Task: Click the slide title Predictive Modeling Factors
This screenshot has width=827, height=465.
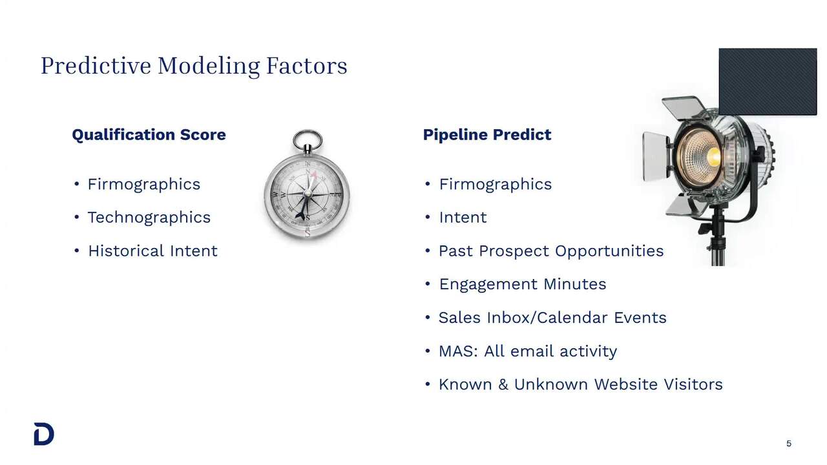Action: point(194,65)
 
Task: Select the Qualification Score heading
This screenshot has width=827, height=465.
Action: point(149,135)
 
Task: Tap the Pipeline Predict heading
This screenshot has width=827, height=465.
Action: point(487,135)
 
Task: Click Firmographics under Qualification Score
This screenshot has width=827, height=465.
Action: point(143,184)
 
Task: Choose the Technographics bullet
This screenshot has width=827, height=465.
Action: point(149,218)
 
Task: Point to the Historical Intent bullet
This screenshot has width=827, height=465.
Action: point(152,251)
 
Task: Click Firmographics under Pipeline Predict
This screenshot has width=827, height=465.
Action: point(495,184)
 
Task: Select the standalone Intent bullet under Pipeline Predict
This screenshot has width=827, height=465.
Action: point(463,218)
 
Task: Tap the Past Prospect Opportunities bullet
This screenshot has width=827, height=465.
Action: point(550,251)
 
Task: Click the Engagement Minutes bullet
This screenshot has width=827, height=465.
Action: point(522,284)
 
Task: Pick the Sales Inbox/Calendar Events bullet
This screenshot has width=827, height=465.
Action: point(552,318)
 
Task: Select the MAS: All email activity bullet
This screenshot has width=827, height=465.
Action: point(527,351)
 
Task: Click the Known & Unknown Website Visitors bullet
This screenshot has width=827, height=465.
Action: point(580,385)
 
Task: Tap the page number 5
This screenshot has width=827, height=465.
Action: point(789,444)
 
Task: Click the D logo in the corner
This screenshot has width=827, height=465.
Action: point(44,435)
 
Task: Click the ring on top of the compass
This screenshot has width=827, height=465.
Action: point(307,139)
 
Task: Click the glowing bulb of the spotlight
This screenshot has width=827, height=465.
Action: point(712,156)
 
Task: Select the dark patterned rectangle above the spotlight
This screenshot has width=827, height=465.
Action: point(768,81)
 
